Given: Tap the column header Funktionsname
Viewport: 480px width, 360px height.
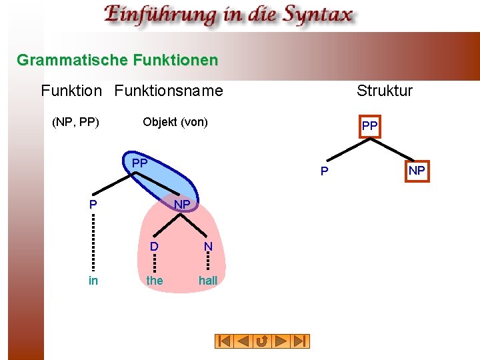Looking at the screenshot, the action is point(169,90).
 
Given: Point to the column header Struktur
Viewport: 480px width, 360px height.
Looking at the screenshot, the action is point(385,90).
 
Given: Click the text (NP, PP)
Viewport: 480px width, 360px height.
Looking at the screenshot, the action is point(76,122).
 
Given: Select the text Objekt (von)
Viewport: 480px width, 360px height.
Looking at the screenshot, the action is point(175,122).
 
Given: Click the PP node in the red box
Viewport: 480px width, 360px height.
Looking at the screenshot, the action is point(369,126).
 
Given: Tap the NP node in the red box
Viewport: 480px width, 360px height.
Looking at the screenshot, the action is point(417,171).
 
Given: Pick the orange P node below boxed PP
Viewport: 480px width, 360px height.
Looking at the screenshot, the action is point(324,172).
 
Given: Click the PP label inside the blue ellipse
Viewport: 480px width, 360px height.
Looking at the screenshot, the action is point(139,163).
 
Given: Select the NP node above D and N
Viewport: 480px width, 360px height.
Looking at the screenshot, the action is point(182,203).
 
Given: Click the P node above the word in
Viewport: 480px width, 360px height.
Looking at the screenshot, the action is point(93,205).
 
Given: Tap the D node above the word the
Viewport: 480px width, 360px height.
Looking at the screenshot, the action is point(154,247).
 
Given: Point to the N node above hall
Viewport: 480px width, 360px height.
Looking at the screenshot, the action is point(208,247).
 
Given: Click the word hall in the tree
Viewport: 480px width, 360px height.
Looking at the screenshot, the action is point(208,281).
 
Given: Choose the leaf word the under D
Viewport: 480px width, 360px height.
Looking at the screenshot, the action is point(154,281).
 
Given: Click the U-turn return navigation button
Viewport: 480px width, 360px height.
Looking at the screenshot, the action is point(263,341).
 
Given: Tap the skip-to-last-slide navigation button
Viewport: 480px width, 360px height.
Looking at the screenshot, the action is point(301,341).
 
